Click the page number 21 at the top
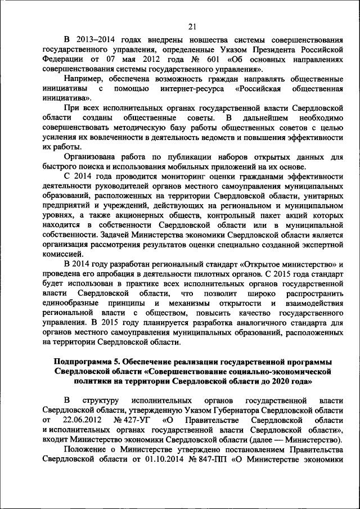[x=192, y=26]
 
